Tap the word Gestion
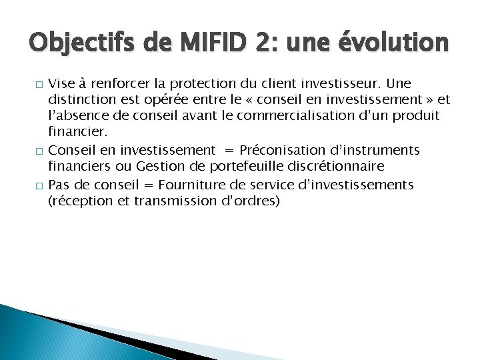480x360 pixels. (154, 166)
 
